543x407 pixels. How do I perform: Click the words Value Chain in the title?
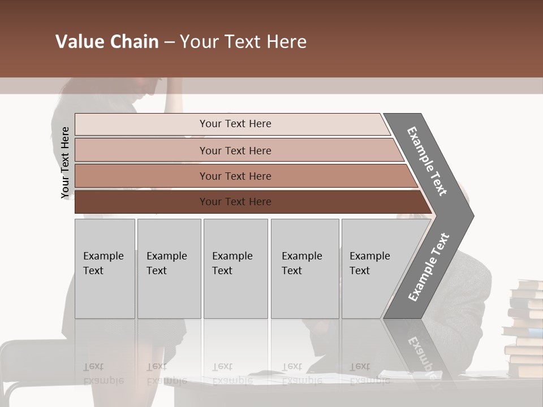coord(107,42)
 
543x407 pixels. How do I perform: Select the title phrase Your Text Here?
coord(243,42)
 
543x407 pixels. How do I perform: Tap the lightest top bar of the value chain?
coord(141,124)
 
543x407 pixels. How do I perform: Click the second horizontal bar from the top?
coord(141,150)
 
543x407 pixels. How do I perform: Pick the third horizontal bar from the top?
coord(141,176)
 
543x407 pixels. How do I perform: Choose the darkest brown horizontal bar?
coord(141,202)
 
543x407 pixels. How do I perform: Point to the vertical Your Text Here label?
coord(65,163)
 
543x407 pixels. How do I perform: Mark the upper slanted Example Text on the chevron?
coord(427,161)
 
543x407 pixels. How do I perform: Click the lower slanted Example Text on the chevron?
coord(429,267)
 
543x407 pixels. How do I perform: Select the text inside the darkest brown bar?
coord(235,202)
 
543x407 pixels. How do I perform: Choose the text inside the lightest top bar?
coord(235,124)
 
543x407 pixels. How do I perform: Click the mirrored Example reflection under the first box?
coord(103,379)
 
